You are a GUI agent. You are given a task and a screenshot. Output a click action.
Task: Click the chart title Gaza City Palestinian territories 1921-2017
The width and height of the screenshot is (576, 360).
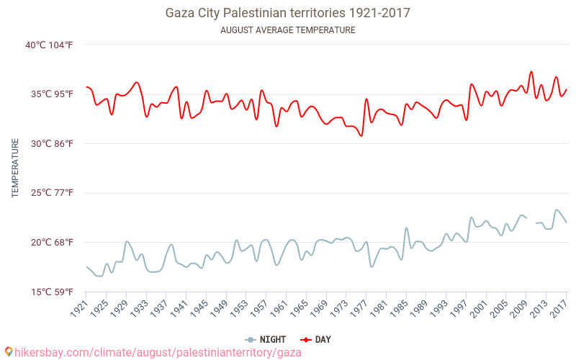[288, 13]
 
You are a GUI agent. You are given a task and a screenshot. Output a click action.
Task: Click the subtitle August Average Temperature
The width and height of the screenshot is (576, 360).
[288, 30]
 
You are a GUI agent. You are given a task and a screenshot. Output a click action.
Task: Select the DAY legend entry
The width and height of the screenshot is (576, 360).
[316, 339]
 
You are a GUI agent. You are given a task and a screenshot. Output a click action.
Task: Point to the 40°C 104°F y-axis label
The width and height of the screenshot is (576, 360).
[49, 45]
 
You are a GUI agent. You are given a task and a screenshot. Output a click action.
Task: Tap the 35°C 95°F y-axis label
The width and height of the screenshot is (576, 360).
[49, 94]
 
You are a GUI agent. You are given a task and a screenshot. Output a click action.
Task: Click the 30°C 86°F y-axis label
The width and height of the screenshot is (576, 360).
[49, 144]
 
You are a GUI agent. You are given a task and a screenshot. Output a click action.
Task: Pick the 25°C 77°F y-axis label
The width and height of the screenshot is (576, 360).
[49, 193]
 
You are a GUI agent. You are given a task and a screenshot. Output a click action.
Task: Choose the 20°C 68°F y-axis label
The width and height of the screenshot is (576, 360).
[49, 243]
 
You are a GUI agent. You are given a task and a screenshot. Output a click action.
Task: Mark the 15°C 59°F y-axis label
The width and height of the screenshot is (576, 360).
[49, 292]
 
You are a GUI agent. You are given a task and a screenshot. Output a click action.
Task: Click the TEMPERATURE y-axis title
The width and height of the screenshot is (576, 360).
[15, 168]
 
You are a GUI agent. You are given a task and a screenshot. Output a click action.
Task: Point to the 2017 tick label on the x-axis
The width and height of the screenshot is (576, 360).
[558, 307]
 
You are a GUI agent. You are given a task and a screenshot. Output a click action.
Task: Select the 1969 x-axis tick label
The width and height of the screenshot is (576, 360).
[318, 307]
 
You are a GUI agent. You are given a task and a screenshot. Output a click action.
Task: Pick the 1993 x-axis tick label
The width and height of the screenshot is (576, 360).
[438, 307]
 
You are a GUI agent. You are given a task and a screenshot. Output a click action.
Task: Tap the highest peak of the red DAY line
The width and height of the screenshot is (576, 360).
[531, 72]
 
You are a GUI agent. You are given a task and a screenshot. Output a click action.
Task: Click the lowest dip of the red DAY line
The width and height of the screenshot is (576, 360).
[361, 136]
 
